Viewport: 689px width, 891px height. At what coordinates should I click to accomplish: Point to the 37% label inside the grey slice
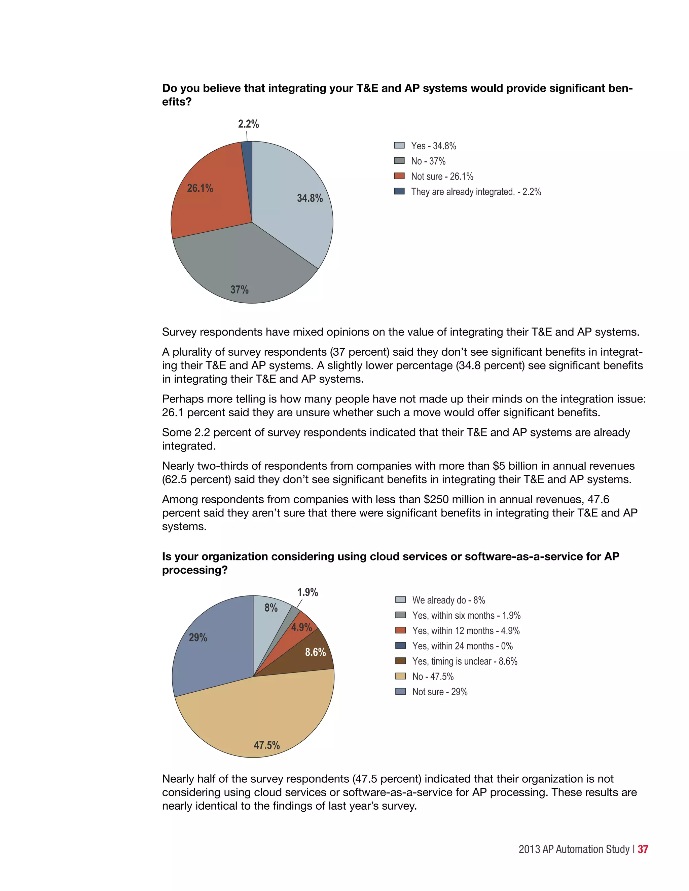239,289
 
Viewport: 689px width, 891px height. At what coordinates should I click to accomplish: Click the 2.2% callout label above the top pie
248,124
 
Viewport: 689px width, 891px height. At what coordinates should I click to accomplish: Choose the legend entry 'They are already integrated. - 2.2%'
475,192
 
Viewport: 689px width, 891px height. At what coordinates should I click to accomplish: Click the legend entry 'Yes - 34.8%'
433,146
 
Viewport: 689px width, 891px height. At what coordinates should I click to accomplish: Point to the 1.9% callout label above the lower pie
307,592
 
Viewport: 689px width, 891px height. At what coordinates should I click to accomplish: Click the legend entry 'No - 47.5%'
433,676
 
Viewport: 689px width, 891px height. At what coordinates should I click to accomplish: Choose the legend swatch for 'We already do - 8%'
400,600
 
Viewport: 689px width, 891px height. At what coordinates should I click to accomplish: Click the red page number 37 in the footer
643,849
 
